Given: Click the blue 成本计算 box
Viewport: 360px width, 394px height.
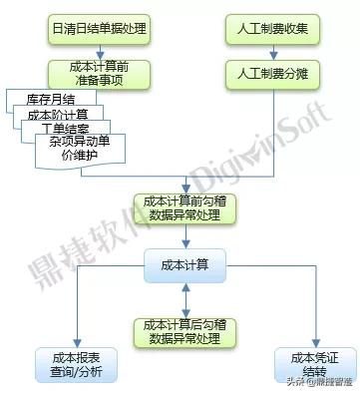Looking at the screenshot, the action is coord(185,263).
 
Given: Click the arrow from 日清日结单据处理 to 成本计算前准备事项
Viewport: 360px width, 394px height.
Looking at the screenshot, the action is coord(99,50).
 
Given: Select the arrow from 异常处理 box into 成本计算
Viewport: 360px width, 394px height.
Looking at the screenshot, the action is coord(185,236).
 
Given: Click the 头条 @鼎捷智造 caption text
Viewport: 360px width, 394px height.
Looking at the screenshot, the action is coord(318,381).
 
